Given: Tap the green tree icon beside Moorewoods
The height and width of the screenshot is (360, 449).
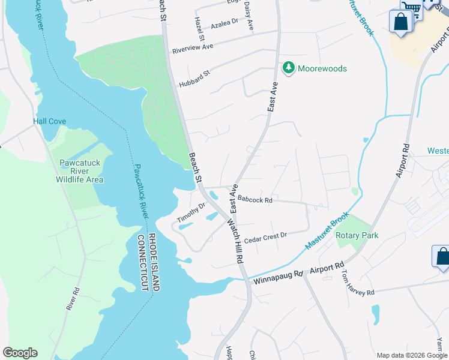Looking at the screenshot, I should pyautogui.click(x=289, y=68).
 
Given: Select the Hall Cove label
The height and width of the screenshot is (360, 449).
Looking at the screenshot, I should pyautogui.click(x=49, y=121).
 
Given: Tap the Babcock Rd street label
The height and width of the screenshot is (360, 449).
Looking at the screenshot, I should pyautogui.click(x=255, y=199).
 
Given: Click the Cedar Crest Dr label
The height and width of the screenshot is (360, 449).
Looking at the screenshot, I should pyautogui.click(x=266, y=236).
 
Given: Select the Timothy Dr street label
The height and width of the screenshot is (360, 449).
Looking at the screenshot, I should pyautogui.click(x=191, y=212).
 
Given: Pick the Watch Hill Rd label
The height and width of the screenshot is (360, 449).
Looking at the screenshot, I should pyautogui.click(x=234, y=241).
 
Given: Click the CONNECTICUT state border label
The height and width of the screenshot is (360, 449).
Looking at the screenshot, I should pyautogui.click(x=143, y=263).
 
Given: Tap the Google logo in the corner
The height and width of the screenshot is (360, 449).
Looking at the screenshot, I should pyautogui.click(x=20, y=353).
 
